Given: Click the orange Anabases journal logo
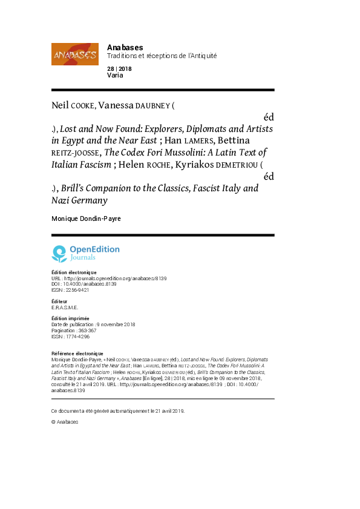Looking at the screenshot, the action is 75,54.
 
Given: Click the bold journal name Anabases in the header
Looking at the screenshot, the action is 125,47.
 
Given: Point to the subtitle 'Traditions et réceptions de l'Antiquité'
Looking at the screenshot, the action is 162,56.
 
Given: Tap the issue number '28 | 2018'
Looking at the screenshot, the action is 119,69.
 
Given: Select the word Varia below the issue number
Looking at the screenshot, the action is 115,76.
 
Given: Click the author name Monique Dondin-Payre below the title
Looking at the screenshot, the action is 86,218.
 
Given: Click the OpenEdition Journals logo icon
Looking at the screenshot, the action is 59,253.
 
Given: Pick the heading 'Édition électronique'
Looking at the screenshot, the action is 74,272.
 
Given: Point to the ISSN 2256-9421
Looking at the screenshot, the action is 70,290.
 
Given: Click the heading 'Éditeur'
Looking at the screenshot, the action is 59,301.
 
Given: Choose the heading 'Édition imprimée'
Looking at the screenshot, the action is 70,318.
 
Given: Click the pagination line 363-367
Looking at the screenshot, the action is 74,330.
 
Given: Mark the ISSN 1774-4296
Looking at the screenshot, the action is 70,336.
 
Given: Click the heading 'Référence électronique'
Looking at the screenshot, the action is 77,353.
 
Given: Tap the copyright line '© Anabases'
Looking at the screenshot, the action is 65,421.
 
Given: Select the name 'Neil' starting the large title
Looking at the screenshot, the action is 60,105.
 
